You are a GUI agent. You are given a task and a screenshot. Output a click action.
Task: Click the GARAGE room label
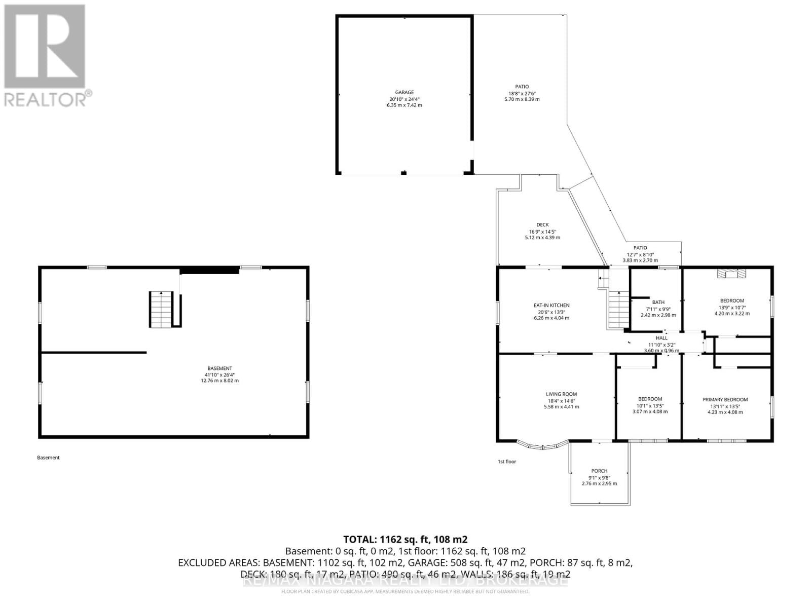tap(404, 92)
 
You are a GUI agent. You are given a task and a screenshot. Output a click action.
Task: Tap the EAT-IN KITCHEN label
tap(551, 306)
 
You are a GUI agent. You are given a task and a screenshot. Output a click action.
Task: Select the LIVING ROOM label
tap(561, 394)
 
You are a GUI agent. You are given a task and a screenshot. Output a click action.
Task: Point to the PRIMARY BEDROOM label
tap(725, 400)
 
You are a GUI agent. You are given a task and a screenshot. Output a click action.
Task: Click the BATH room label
tap(658, 302)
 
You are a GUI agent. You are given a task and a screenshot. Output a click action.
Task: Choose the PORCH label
tap(599, 471)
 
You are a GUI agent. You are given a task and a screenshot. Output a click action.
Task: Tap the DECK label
tap(542, 225)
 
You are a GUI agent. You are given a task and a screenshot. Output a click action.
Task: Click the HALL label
tap(661, 338)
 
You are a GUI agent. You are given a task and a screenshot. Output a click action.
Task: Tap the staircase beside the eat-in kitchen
tap(618, 310)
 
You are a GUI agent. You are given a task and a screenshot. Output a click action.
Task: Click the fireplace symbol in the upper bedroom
tap(732, 274)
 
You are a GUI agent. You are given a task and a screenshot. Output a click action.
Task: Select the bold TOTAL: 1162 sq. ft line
tap(405, 539)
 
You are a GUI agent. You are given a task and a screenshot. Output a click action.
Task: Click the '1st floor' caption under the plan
tap(506, 462)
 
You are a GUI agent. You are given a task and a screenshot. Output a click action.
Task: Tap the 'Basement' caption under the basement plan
tap(48, 458)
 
